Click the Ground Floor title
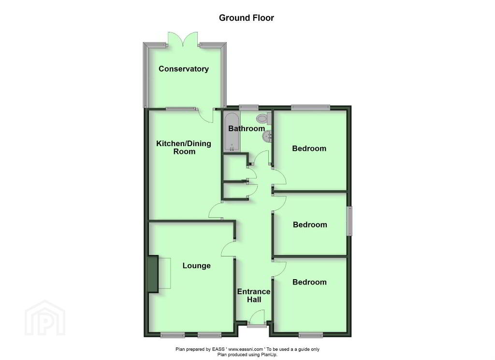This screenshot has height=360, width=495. (x=246, y=18)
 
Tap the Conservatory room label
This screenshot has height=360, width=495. (x=183, y=69)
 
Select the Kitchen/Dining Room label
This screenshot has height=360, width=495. (x=184, y=147)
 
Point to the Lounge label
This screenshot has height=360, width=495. (x=196, y=266)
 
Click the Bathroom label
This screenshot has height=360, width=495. (x=247, y=128)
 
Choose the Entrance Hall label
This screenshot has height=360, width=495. (x=254, y=296)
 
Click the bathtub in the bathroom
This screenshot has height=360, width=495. (x=233, y=132)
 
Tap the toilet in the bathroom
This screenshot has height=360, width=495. (x=264, y=119)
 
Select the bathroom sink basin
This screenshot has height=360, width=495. (x=267, y=136)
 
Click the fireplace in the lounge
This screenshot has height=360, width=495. (x=153, y=274)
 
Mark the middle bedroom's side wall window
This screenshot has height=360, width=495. (x=349, y=221)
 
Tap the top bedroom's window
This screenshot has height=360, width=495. (x=311, y=107)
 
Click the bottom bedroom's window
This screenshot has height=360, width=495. (x=311, y=335)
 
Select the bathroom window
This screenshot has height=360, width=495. (x=249, y=107)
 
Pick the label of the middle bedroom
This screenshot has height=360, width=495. (x=310, y=225)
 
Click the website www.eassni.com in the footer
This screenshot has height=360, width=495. (x=245, y=349)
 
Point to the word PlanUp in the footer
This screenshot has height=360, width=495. (x=269, y=355)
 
